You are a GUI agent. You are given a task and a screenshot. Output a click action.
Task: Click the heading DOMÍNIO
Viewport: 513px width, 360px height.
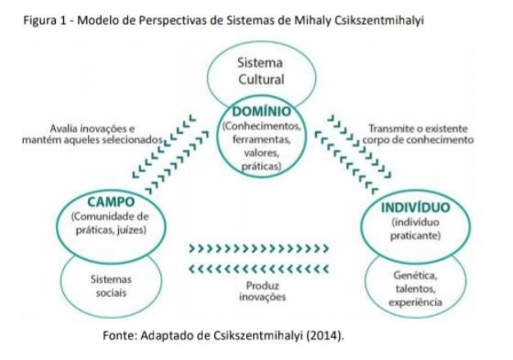(260, 112)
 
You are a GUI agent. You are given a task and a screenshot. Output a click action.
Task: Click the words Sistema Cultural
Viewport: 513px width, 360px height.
(260, 71)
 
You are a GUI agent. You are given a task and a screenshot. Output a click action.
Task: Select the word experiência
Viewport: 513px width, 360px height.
(413, 302)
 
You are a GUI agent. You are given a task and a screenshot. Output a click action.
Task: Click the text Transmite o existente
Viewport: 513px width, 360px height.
(418, 129)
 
